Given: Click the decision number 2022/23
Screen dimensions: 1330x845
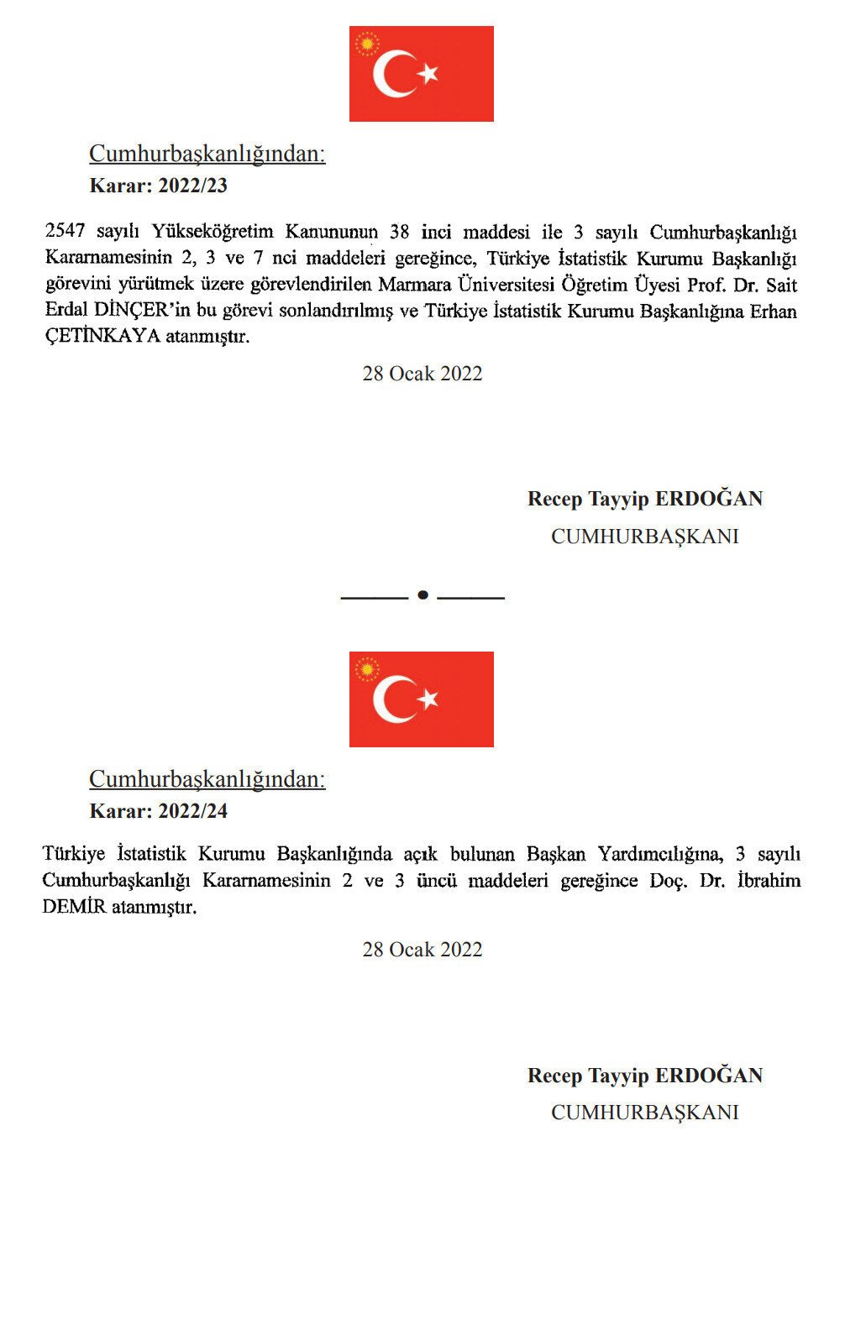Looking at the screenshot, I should pyautogui.click(x=192, y=186).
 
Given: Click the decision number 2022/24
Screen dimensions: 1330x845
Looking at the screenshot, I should pyautogui.click(x=192, y=811).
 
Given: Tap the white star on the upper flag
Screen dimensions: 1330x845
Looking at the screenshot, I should pyautogui.click(x=428, y=74).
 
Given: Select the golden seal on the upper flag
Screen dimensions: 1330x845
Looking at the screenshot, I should pyautogui.click(x=367, y=44).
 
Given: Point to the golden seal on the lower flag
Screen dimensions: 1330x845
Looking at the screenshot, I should pyautogui.click(x=367, y=669).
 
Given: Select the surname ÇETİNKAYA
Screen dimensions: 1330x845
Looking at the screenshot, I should pyautogui.click(x=102, y=338).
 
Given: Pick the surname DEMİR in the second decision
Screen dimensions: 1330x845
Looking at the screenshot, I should pyautogui.click(x=75, y=907).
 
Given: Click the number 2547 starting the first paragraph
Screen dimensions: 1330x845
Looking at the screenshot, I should pyautogui.click(x=65, y=231).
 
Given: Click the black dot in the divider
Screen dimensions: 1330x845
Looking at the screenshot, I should pyautogui.click(x=422, y=595).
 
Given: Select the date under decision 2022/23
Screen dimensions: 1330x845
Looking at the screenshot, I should pyautogui.click(x=422, y=374).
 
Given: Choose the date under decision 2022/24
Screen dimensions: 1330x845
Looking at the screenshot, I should pyautogui.click(x=422, y=950).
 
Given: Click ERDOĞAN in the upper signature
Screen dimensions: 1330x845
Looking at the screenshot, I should pyautogui.click(x=709, y=499).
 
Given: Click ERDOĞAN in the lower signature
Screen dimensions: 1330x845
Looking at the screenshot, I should pyautogui.click(x=709, y=1076).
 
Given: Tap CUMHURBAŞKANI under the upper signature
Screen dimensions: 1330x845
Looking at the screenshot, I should pyautogui.click(x=645, y=537).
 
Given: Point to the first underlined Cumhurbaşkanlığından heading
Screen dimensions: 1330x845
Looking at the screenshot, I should pyautogui.click(x=207, y=154).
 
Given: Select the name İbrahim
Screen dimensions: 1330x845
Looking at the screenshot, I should pyautogui.click(x=768, y=881).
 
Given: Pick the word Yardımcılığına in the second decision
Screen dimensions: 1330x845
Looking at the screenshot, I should pyautogui.click(x=659, y=855).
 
